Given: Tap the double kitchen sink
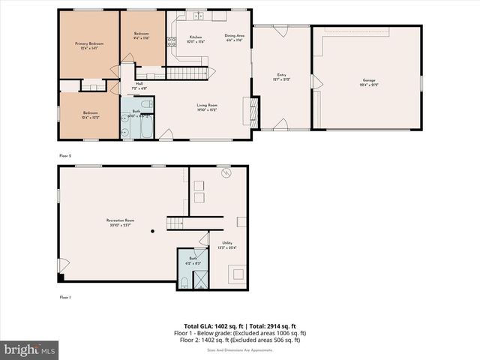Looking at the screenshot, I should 198,16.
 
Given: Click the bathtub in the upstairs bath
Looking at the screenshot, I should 145,130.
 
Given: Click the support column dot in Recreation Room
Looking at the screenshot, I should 151,232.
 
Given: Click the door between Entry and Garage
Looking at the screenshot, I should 313,98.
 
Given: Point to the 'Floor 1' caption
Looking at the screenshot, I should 65,298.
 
